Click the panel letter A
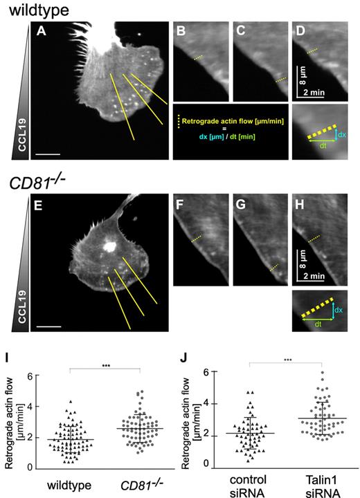pos(42,30)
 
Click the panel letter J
pos(182,360)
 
